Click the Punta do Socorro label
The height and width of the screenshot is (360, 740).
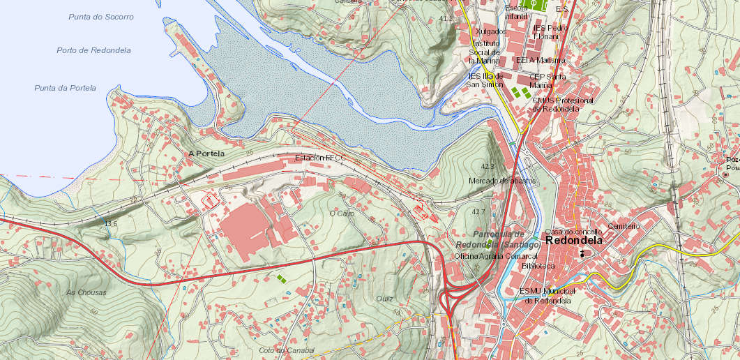(100, 16)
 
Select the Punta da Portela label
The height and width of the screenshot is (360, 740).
(65, 88)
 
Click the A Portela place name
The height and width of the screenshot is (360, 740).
(206, 153)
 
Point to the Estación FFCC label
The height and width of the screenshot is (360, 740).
(320, 158)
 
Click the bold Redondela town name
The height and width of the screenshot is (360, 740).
(574, 240)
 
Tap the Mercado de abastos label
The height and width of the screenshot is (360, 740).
(502, 181)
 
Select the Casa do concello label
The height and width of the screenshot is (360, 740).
(573, 231)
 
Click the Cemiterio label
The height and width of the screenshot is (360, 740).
(624, 226)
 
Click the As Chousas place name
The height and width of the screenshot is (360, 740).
(86, 292)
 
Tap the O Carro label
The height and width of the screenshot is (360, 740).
(342, 213)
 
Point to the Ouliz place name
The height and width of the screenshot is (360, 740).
(384, 299)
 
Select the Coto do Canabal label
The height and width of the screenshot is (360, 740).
(287, 350)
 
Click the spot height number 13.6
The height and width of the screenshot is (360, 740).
(110, 223)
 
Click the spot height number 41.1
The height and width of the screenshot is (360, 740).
(446, 18)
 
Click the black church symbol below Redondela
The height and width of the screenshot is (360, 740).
(582, 254)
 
